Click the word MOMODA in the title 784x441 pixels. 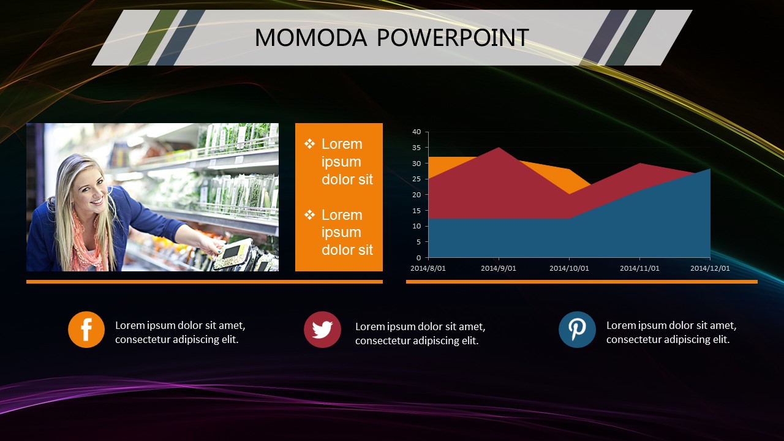[311, 37]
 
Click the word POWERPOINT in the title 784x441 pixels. [453, 37]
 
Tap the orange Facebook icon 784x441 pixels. [86, 330]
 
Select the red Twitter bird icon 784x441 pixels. [322, 330]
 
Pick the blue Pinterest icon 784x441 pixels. [577, 330]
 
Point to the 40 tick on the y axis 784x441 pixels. [417, 132]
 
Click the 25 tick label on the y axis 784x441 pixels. [417, 179]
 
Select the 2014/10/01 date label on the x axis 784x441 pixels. [569, 268]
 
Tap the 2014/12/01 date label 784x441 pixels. [710, 268]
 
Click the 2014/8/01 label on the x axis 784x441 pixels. [428, 268]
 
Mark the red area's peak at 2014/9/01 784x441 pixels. [499, 148]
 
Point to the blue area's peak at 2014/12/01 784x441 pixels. [710, 168]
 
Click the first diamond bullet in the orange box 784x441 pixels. [309, 143]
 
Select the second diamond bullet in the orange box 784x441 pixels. [309, 214]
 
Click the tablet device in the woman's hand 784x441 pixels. [233, 254]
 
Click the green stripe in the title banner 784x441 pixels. [154, 37]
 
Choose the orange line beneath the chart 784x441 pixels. [582, 282]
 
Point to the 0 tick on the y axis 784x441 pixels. [418, 258]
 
